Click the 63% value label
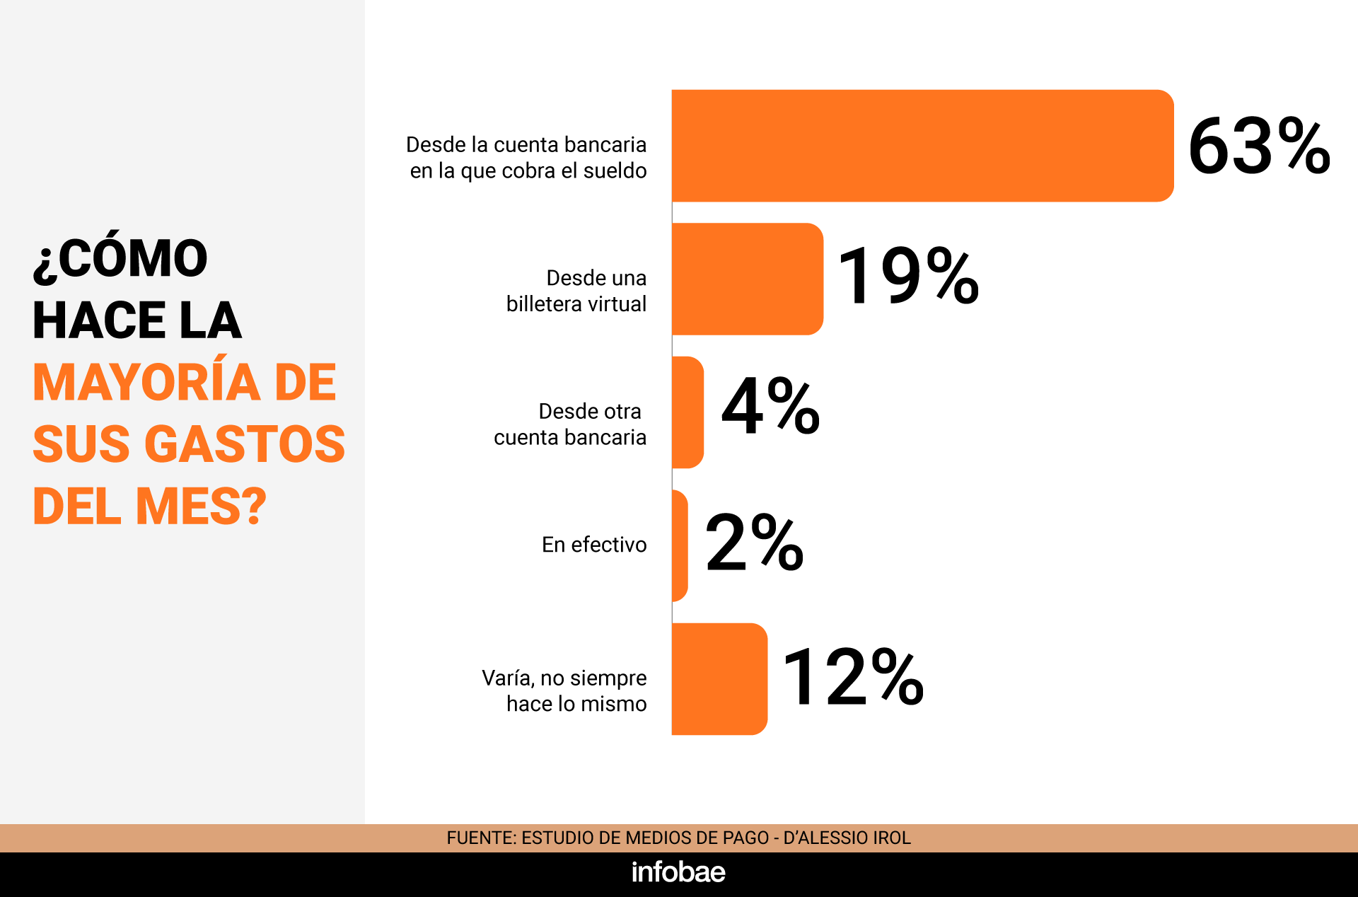[x=1259, y=146]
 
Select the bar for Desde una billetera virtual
[x=747, y=279]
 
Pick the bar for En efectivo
[x=680, y=545]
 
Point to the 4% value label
[x=770, y=406]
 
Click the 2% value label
[x=754, y=543]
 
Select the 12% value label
[x=852, y=677]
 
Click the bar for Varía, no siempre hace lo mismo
[x=719, y=679]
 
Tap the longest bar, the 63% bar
[x=922, y=146]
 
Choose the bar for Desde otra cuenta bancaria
[x=687, y=412]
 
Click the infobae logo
[x=678, y=872]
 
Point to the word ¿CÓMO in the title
[x=120, y=258]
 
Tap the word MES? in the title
[x=201, y=507]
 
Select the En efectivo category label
[x=594, y=545]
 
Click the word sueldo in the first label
[x=615, y=171]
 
